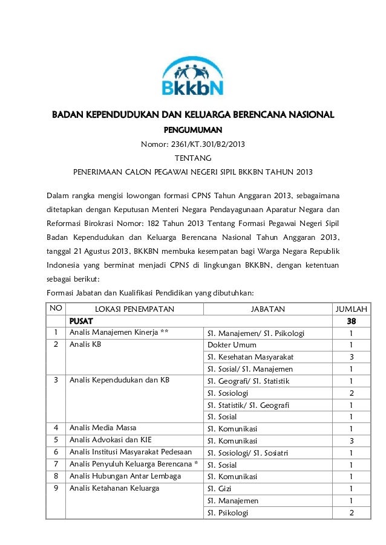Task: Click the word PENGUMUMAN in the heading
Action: coord(193,129)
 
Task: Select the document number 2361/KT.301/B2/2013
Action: coord(193,144)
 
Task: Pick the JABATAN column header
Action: coord(267,309)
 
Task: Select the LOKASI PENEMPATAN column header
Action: coord(134,309)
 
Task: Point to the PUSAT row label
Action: coord(80,321)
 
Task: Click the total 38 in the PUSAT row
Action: coord(351,321)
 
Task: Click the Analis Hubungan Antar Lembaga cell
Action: coord(125,476)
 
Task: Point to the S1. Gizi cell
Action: coord(219,489)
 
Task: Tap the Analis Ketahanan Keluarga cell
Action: coord(114,488)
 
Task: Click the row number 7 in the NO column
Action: coord(56,464)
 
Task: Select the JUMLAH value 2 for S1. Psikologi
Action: coord(351,513)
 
